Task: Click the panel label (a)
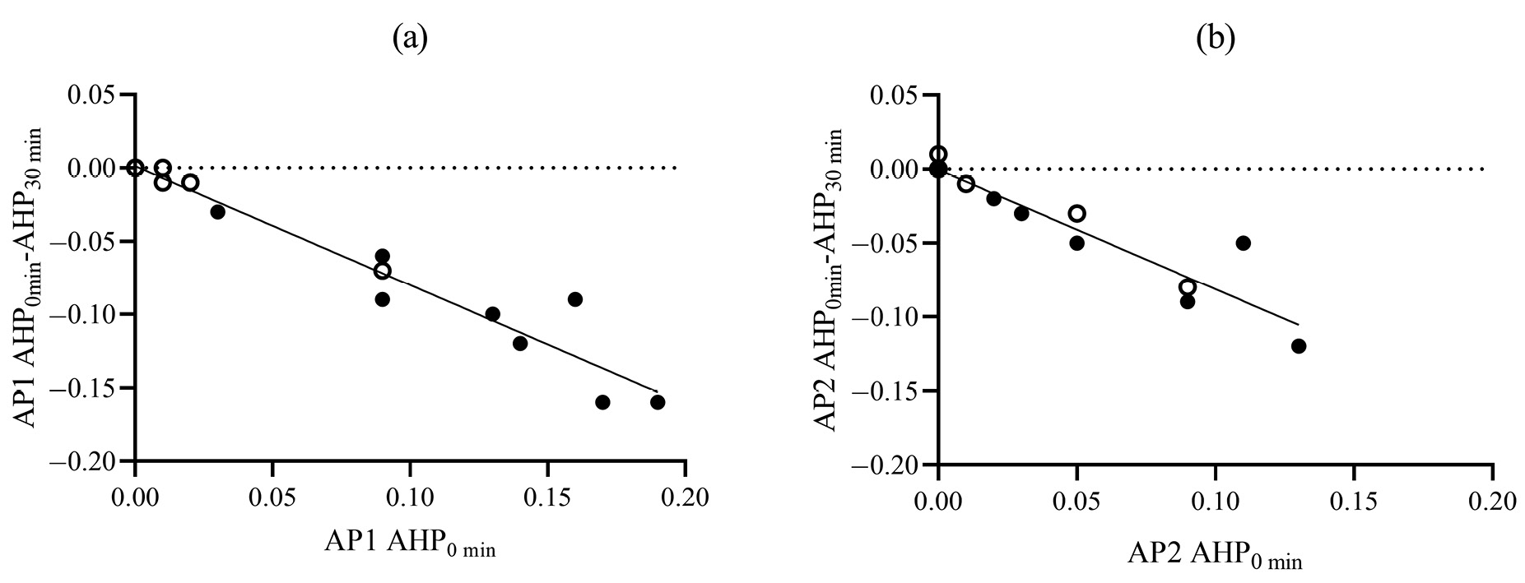click(x=410, y=38)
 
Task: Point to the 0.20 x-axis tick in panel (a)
click(x=685, y=498)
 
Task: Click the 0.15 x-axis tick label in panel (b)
click(x=1354, y=500)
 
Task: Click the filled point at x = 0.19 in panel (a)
click(x=657, y=402)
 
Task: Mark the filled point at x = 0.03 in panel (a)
click(x=217, y=211)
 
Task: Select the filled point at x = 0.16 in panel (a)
click(x=574, y=299)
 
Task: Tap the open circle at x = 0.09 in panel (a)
click(x=382, y=271)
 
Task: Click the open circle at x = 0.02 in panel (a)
click(x=190, y=183)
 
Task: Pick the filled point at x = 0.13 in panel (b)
click(x=1299, y=346)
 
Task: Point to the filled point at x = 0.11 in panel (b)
click(x=1243, y=243)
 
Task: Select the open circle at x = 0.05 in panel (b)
click(x=1076, y=213)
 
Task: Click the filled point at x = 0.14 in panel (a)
click(x=519, y=343)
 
